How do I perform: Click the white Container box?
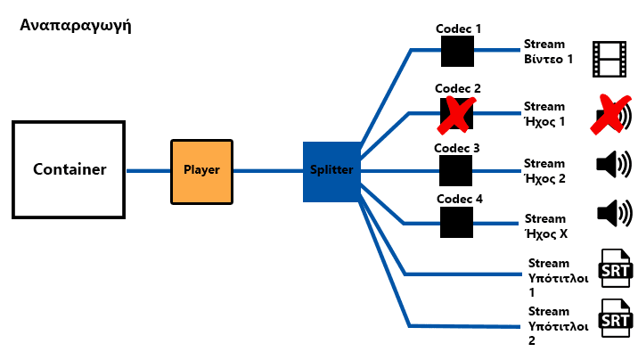(x=70, y=169)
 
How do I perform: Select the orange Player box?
(x=201, y=169)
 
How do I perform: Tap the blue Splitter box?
(x=331, y=169)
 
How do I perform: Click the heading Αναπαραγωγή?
(x=76, y=26)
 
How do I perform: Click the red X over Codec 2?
(x=457, y=113)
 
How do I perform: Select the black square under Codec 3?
(x=457, y=169)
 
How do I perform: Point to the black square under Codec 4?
(x=457, y=223)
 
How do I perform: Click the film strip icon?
(x=611, y=59)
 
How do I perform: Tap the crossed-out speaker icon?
(x=612, y=116)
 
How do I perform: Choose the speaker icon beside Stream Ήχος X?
(x=613, y=213)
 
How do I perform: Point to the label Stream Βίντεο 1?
(x=547, y=51)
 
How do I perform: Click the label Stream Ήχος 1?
(x=544, y=113)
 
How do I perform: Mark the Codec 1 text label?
(x=458, y=29)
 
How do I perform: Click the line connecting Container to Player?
(x=149, y=169)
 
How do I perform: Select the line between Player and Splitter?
(x=267, y=169)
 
